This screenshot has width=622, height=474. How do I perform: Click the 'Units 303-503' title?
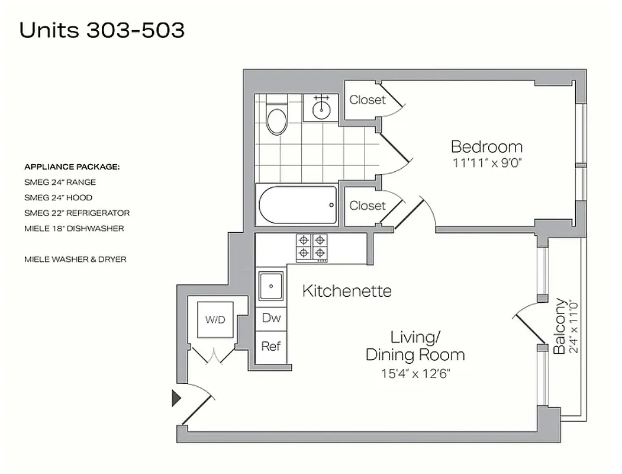coord(102,30)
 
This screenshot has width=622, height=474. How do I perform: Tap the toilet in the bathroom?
coord(276,117)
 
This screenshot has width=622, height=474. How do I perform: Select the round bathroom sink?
coord(321,108)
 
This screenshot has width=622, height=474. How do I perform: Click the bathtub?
coord(298,205)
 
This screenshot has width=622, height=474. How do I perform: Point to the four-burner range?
coord(312,246)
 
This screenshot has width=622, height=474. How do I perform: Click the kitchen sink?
coord(272,286)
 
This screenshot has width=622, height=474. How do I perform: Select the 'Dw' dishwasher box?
coord(271,318)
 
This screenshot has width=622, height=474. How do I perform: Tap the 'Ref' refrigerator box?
coord(271,346)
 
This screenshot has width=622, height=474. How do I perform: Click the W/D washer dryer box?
coord(215,320)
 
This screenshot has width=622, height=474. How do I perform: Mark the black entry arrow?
coord(176,398)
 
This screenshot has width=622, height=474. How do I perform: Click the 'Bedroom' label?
coord(486,146)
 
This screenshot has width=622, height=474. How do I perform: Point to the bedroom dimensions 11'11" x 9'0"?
coord(486,163)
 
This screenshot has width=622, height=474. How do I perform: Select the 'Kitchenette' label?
coord(347,291)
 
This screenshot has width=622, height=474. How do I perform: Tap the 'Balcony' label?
coord(559,325)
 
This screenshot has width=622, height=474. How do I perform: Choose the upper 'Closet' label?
coord(367,100)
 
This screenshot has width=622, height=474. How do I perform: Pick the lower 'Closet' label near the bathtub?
coord(367,206)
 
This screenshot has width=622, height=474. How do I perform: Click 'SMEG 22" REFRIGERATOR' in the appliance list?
coord(77,213)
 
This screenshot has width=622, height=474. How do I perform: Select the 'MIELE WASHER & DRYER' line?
coord(75,259)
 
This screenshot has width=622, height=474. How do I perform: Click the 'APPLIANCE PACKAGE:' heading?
coord(72,166)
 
